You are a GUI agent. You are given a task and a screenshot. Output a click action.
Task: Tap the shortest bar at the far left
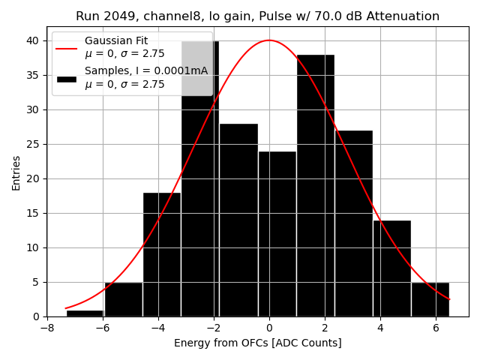(x=85, y=313)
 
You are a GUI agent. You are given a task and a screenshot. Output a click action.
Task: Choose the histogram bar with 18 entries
(x=161, y=255)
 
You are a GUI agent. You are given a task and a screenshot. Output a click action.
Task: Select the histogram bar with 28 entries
(x=238, y=220)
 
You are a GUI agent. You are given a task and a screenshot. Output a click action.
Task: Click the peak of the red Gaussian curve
(x=269, y=40)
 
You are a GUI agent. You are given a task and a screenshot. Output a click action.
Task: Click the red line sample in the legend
(x=67, y=47)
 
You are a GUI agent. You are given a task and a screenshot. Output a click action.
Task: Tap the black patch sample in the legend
(x=67, y=78)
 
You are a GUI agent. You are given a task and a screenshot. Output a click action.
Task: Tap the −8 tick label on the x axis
(x=46, y=328)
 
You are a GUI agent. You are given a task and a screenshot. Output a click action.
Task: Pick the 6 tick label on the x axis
(x=436, y=328)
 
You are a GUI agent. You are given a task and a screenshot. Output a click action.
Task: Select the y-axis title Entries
(x=16, y=173)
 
